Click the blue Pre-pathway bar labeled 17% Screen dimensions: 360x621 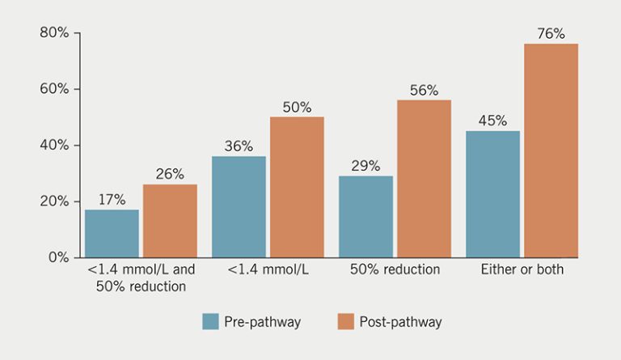pos(112,234)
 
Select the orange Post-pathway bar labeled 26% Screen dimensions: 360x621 pos(170,221)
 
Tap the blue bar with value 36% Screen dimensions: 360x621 pos(239,207)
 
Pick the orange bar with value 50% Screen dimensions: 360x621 pos(297,188)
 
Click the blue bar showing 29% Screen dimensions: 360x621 pos(365,217)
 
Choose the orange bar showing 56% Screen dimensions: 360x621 pos(424,179)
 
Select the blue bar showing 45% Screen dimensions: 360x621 pos(492,194)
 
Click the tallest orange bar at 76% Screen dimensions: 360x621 pos(551,150)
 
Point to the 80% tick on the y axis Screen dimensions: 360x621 pos(54,33)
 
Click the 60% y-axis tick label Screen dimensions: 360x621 pos(54,89)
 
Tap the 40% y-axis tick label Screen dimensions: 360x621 pos(54,146)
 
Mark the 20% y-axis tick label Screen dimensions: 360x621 pos(54,201)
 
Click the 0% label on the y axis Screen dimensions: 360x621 pos(58,257)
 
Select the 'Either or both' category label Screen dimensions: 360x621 pos(522,269)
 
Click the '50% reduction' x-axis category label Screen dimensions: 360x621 pos(395,269)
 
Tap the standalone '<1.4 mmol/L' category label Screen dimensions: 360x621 pos(268,269)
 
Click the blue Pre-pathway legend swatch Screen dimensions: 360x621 pos(210,322)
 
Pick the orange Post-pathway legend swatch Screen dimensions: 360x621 pos(344,322)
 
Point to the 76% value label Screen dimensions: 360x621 pos(551,34)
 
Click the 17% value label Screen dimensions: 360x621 pos(112,200)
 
